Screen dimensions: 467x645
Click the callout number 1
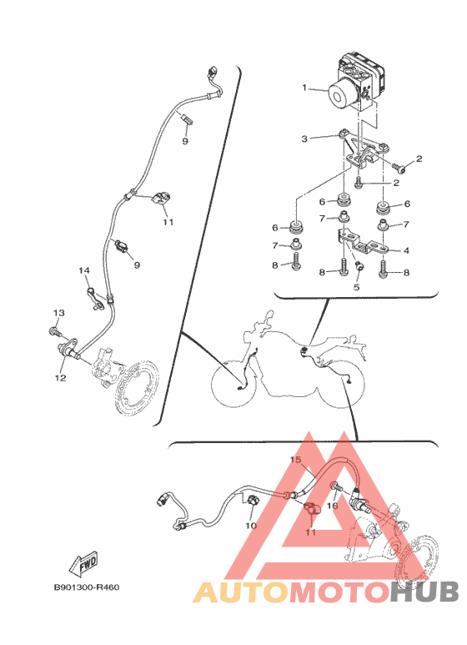[304, 88]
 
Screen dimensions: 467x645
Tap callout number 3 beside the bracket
[304, 139]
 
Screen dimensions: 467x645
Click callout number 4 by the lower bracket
[406, 250]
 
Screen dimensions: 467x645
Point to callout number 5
[356, 287]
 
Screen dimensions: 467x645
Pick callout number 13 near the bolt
[58, 313]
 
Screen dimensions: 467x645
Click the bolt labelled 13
[54, 330]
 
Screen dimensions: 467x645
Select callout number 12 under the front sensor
[60, 377]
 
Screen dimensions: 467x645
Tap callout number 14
[84, 270]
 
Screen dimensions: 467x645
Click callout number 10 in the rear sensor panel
[251, 526]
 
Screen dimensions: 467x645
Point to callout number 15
[296, 460]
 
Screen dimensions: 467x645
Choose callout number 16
[332, 505]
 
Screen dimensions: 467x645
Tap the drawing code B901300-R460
[87, 587]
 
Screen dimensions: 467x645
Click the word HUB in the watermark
[424, 592]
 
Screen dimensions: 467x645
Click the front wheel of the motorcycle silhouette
[233, 383]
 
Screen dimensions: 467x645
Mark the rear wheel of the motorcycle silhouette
[341, 384]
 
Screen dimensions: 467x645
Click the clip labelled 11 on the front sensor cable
[161, 199]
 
